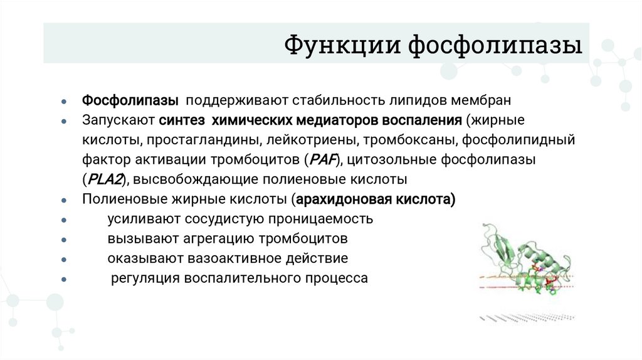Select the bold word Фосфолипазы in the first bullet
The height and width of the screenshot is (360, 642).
point(130,101)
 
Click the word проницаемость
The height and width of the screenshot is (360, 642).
point(321,219)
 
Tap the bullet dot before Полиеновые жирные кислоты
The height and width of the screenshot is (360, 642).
point(65,200)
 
